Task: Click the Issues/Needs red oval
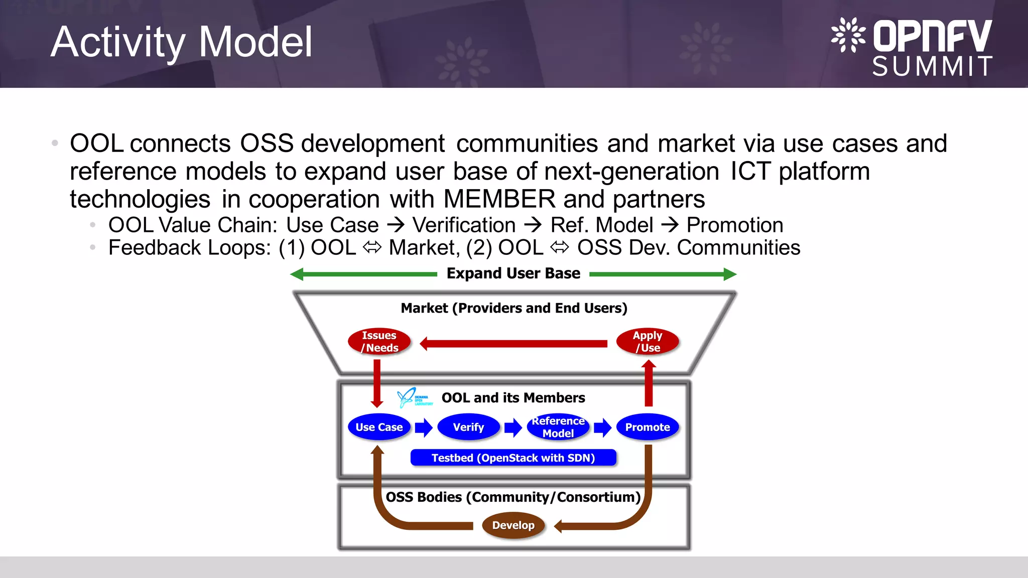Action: coord(379,342)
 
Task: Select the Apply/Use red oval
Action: coord(648,342)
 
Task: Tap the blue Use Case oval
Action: coord(379,427)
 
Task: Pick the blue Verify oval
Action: coord(468,427)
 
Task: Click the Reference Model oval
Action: coord(558,427)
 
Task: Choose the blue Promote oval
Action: coord(648,427)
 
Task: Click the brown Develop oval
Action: coord(513,525)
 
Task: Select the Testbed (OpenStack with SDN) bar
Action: coord(513,458)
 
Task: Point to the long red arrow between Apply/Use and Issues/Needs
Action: coord(513,344)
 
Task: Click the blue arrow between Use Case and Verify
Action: coord(424,427)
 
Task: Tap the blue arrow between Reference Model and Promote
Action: coord(602,427)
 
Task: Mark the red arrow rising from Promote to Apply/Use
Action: coord(649,384)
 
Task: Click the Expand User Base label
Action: coord(513,273)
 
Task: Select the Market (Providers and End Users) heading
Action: coord(513,308)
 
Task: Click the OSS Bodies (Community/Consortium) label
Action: coord(513,497)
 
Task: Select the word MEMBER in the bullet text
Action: coord(499,199)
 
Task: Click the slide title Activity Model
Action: coord(181,42)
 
